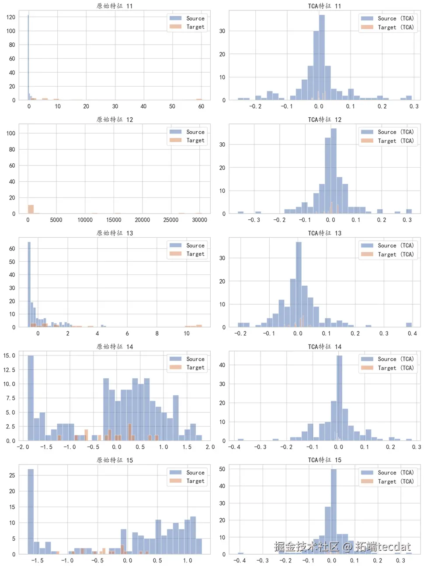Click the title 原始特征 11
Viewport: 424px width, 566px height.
click(x=115, y=6)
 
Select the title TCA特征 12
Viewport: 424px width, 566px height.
click(x=324, y=120)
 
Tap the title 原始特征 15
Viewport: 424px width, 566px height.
click(x=115, y=460)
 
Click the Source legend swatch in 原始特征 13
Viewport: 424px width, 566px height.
click(x=176, y=245)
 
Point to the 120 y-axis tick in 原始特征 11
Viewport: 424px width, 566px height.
click(x=11, y=17)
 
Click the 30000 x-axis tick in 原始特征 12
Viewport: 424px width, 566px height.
click(x=199, y=220)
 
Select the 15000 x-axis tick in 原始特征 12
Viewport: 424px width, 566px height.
click(x=114, y=220)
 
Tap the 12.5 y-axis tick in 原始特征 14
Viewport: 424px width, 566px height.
click(x=9, y=370)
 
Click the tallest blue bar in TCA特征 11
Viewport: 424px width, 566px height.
click(x=322, y=57)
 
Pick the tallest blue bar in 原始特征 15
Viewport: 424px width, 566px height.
click(x=31, y=511)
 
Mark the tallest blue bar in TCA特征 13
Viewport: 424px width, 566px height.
click(x=299, y=285)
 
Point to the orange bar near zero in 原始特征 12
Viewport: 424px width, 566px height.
click(x=31, y=209)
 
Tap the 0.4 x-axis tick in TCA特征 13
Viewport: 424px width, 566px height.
click(x=412, y=334)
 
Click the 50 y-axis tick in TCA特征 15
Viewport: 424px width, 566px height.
click(x=222, y=469)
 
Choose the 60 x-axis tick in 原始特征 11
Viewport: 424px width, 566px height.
click(x=201, y=106)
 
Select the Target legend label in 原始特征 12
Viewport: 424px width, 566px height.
click(x=195, y=141)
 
